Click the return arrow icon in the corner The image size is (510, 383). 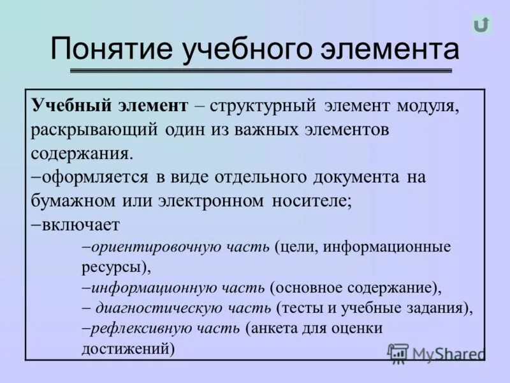coord(481,25)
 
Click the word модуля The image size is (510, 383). coord(427,105)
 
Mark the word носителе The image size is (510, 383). coord(310,200)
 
